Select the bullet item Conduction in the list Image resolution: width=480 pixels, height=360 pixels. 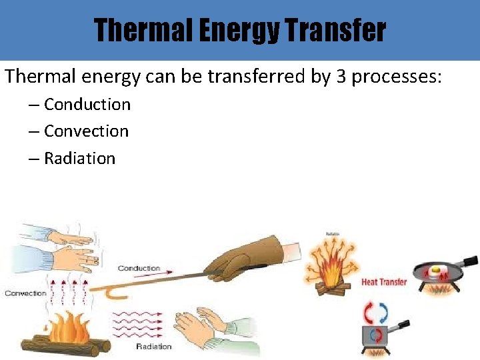tap(87, 105)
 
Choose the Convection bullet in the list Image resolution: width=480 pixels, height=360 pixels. tap(86, 131)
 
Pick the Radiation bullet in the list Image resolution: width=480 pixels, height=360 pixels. tap(79, 159)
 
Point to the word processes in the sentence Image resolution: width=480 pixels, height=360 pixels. tap(396, 77)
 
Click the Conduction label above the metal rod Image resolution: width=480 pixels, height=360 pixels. tap(139, 268)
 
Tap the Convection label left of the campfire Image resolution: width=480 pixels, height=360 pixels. tap(25, 293)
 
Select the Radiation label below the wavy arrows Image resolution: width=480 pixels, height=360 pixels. tap(154, 346)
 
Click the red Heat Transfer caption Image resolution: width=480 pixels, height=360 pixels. tap(384, 282)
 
